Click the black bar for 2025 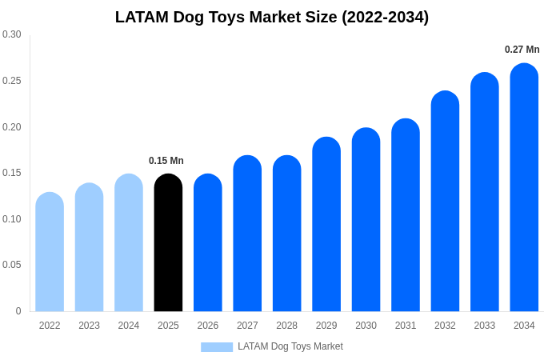(x=168, y=243)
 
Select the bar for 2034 (x=524, y=188)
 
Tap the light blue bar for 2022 (x=50, y=252)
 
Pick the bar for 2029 (x=326, y=225)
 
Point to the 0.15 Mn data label (x=166, y=161)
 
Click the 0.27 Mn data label (x=522, y=50)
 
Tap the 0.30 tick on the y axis (x=12, y=34)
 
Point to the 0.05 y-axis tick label (x=12, y=265)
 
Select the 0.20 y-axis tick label (x=12, y=126)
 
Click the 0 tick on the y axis (x=18, y=311)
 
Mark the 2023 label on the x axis (x=89, y=326)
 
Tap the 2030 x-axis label (x=366, y=326)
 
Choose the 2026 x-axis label (x=208, y=326)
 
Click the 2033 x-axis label (x=485, y=326)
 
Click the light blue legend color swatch (x=217, y=347)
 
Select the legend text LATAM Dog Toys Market (x=290, y=346)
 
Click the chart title (x=272, y=17)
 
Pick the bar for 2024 (x=129, y=243)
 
